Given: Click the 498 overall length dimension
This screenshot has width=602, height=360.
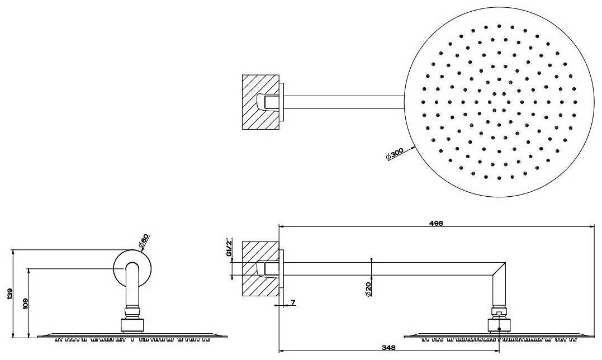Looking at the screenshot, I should [437, 222].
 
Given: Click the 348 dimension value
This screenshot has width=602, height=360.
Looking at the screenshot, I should [389, 348].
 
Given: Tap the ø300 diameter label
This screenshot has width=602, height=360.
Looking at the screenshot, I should [394, 154].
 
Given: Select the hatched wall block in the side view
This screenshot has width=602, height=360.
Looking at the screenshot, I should [260, 269].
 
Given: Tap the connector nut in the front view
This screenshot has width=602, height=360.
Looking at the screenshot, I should [132, 323].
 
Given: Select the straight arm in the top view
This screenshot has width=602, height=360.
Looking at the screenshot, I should [344, 102].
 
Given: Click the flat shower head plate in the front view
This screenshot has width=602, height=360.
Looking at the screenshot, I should [132, 335].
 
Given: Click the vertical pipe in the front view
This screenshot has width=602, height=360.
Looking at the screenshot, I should [132, 288].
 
